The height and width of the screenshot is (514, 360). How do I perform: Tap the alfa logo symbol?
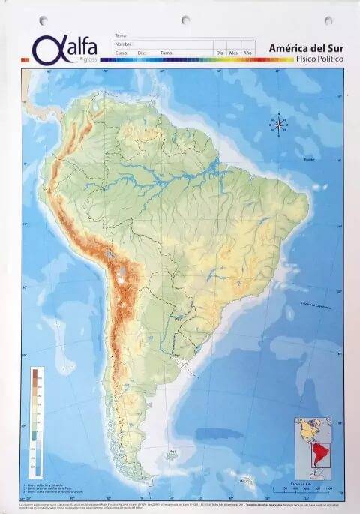pyautogui.click(x=46, y=48)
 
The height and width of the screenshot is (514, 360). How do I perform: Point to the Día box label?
pyautogui.click(x=220, y=53)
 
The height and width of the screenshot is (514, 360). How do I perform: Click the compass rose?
pyautogui.click(x=278, y=124)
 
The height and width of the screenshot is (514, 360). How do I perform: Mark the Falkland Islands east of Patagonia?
pyautogui.click(x=173, y=455)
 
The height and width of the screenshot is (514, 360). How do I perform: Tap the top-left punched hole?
pyautogui.click(x=43, y=20)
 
